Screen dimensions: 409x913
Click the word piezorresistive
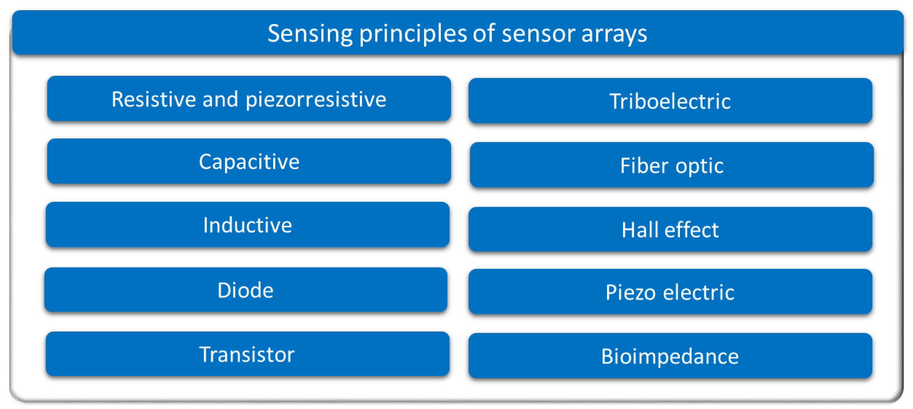316,99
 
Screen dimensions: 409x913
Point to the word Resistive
153,99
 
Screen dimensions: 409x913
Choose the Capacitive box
249,162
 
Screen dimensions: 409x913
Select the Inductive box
247,225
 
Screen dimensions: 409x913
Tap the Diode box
245,290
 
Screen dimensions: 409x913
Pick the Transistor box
247,354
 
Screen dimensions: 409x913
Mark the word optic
699,166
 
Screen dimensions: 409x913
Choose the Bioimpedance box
670,356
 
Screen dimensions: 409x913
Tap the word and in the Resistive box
220,99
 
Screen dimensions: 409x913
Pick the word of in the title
483,34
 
